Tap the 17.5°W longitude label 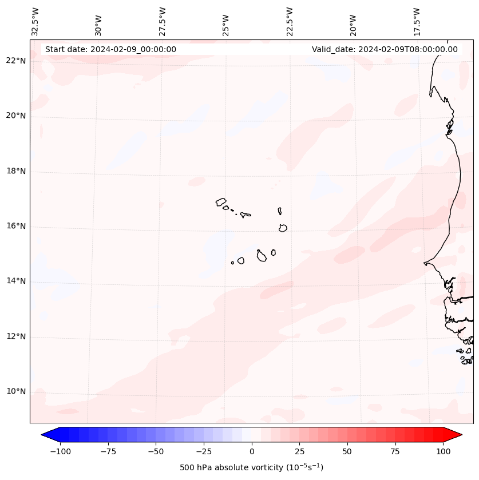417,21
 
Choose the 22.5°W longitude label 290,21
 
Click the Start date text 110,49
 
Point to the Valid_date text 385,49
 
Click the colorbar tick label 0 251,451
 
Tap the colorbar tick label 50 347,451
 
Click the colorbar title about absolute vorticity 251,467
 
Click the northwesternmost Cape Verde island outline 221,201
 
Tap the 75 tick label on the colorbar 395,451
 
